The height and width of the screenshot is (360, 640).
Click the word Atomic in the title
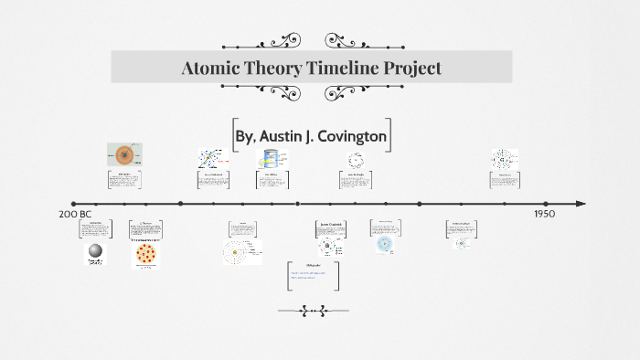tap(213, 68)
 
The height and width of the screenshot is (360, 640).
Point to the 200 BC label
tap(75, 214)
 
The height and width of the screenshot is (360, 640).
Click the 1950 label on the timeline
tap(545, 213)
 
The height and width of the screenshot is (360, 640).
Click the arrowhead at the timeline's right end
tap(580, 204)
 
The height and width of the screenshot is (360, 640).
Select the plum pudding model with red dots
tap(146, 252)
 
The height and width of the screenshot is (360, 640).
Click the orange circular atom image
tap(124, 154)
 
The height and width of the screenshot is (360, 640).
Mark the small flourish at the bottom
tap(313, 311)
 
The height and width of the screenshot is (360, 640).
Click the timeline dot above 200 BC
tap(73, 204)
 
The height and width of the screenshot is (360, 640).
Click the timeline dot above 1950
tap(546, 204)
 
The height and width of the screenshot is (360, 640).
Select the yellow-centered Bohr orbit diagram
tap(241, 251)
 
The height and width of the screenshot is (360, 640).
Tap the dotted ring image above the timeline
tap(356, 161)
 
